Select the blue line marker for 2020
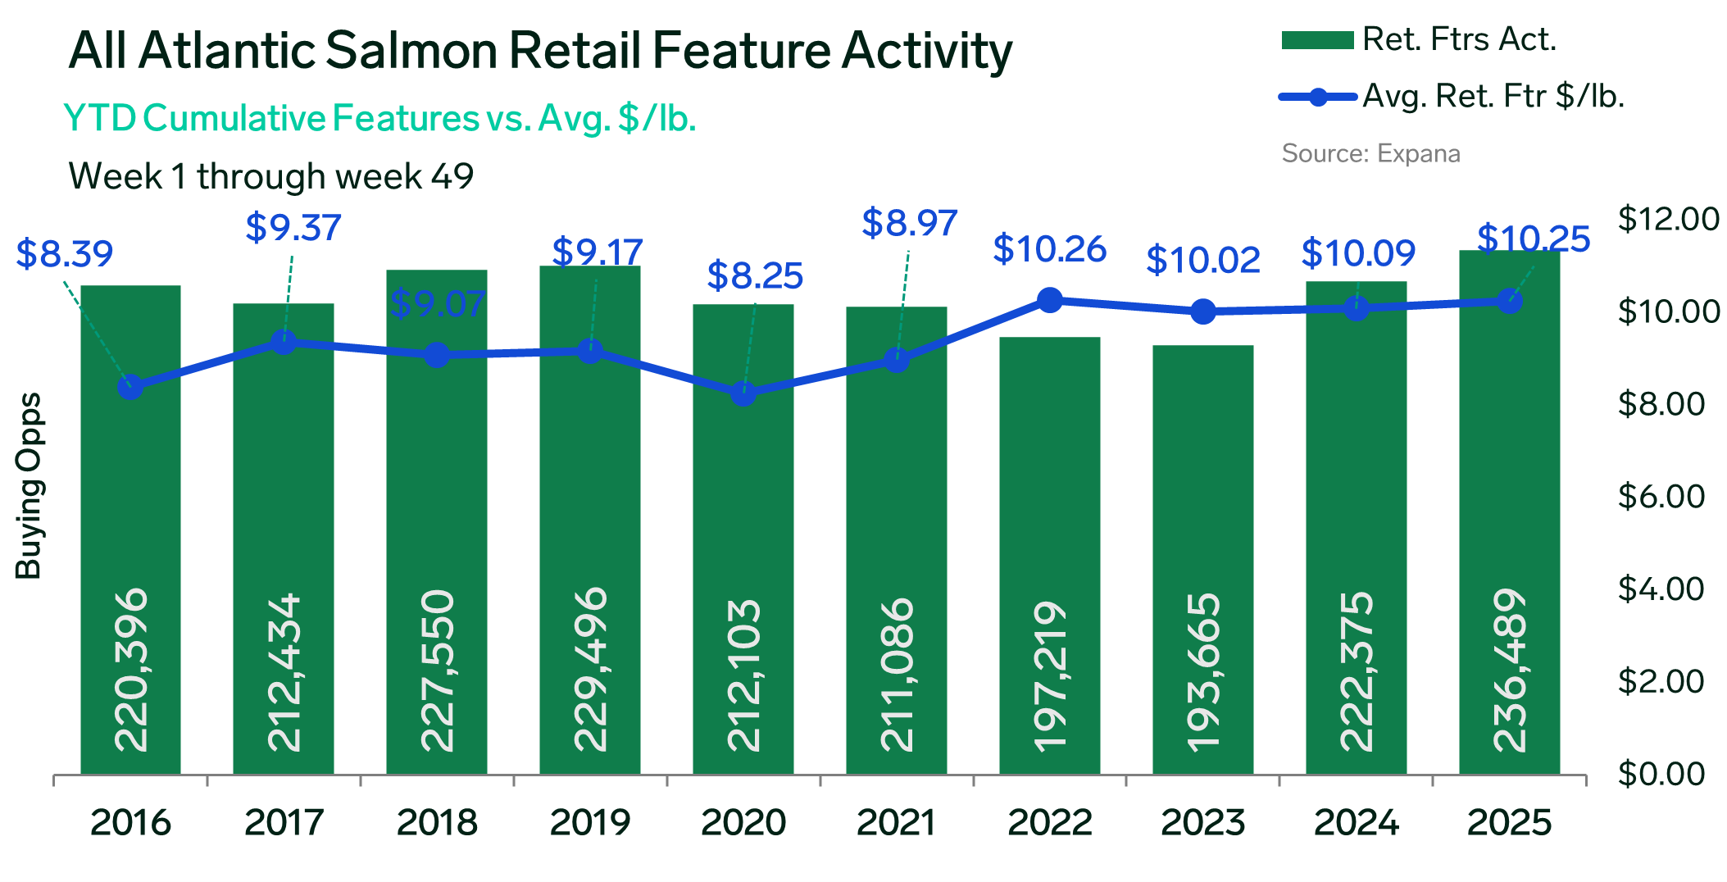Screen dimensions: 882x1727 (x=743, y=393)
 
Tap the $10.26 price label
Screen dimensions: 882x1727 (x=1049, y=249)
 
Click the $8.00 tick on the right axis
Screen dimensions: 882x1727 (x=1661, y=404)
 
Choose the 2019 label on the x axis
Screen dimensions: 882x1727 (x=589, y=822)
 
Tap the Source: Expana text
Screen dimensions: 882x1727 (x=1370, y=153)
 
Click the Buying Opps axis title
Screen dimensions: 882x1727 (x=30, y=486)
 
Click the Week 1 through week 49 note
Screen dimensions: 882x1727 (x=270, y=176)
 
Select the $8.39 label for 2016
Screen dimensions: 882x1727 (x=65, y=254)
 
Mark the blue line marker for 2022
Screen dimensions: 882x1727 (x=1049, y=300)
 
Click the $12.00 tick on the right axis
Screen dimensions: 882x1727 (x=1667, y=219)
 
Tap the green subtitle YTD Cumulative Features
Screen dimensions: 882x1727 (x=270, y=119)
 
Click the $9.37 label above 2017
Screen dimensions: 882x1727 (x=293, y=227)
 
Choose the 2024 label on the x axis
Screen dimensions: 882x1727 (x=1356, y=822)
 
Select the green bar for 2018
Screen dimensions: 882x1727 (x=436, y=525)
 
